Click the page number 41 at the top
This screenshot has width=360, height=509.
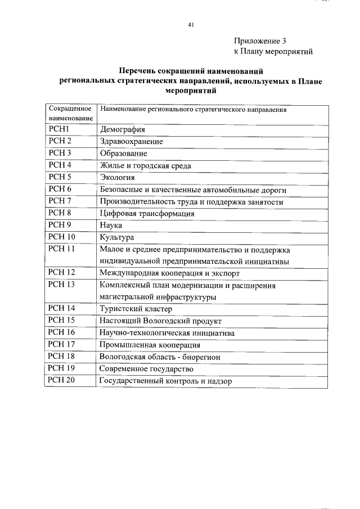tap(191, 25)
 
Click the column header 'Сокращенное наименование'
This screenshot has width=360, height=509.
tap(70, 114)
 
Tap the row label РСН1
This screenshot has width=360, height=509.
tap(58, 129)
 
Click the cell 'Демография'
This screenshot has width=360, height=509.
tap(122, 130)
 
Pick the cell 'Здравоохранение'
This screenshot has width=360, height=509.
tap(131, 142)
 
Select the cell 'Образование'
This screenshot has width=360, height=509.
tap(123, 154)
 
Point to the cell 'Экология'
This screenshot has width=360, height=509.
tap(117, 178)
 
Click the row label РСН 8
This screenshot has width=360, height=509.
tap(60, 213)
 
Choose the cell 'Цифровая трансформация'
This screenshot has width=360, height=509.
tap(147, 214)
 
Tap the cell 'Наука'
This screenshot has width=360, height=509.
tap(111, 226)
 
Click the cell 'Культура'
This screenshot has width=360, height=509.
tap(116, 237)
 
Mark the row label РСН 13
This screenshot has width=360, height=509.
tap(61, 285)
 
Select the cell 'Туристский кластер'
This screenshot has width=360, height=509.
tap(136, 309)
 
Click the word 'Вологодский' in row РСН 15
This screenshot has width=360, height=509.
tap(167, 321)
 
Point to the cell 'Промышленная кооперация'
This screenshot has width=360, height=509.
tap(150, 345)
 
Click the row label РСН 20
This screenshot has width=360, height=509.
tap(61, 380)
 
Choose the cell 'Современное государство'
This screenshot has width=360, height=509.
tap(146, 368)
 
